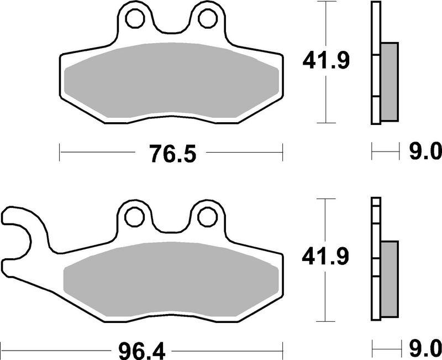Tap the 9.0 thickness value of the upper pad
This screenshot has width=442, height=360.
click(425, 150)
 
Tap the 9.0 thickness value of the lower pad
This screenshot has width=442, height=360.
click(425, 349)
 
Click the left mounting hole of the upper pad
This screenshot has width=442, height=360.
click(134, 19)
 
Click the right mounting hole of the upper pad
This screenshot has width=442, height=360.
click(207, 19)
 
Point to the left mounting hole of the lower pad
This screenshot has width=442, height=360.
click(134, 217)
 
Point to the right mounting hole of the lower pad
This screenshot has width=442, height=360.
click(207, 217)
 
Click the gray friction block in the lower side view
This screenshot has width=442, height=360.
click(390, 279)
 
